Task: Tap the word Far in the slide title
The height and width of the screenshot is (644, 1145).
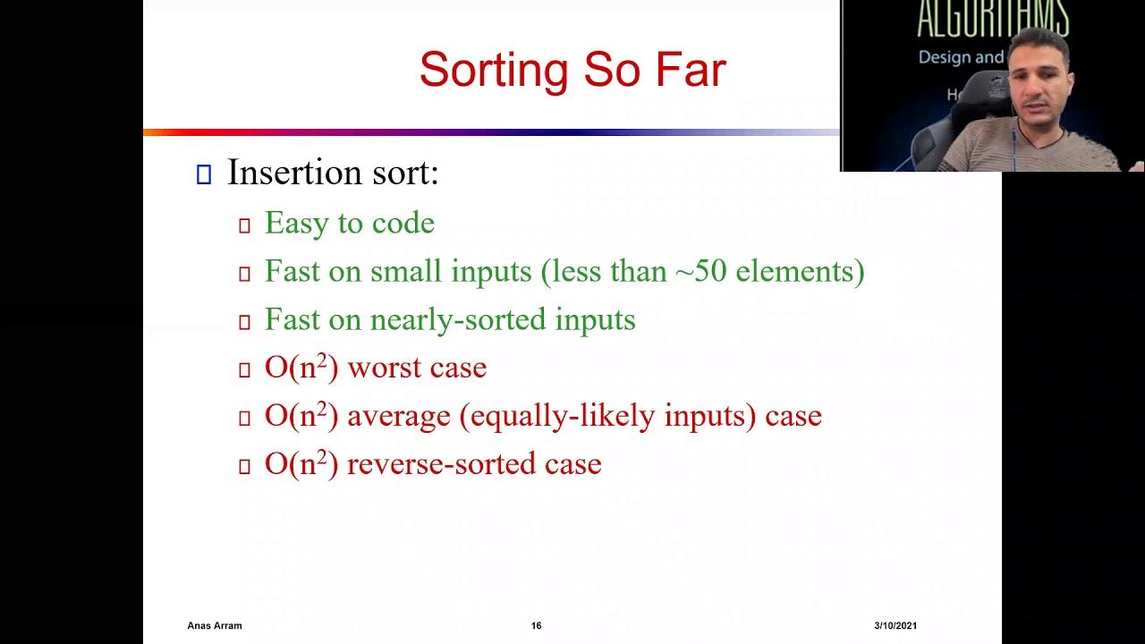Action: pos(688,70)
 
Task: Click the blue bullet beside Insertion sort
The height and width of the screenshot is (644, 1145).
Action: pos(203,174)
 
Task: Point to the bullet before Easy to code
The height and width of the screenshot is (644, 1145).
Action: pos(244,225)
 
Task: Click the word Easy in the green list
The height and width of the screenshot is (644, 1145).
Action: pos(294,224)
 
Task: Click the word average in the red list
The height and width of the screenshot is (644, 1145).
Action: pos(399,416)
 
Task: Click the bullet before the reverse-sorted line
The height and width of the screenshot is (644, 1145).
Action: pos(244,466)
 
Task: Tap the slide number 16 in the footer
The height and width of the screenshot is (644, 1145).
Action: pos(536,626)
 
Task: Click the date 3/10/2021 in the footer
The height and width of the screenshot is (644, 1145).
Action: pos(895,626)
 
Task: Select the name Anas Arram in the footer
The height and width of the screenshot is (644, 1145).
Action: pos(215,626)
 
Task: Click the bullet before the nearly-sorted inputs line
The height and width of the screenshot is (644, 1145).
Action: pos(244,322)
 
